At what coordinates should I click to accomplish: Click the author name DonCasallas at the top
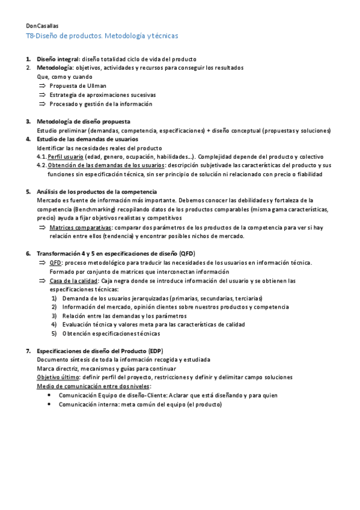pyautogui.click(x=42, y=26)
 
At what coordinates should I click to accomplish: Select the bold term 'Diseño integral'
pyautogui.click(x=58, y=59)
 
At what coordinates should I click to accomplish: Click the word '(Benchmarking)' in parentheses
pyautogui.click(x=94, y=209)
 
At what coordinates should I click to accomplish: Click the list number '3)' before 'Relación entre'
pyautogui.click(x=53, y=316)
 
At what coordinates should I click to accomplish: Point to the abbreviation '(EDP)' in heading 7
pyautogui.click(x=153, y=351)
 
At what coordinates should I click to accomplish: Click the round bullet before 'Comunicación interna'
pyautogui.click(x=49, y=405)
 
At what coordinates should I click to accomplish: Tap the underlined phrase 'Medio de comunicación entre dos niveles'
pyautogui.click(x=94, y=386)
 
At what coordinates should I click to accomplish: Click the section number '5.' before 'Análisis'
pyautogui.click(x=28, y=191)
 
